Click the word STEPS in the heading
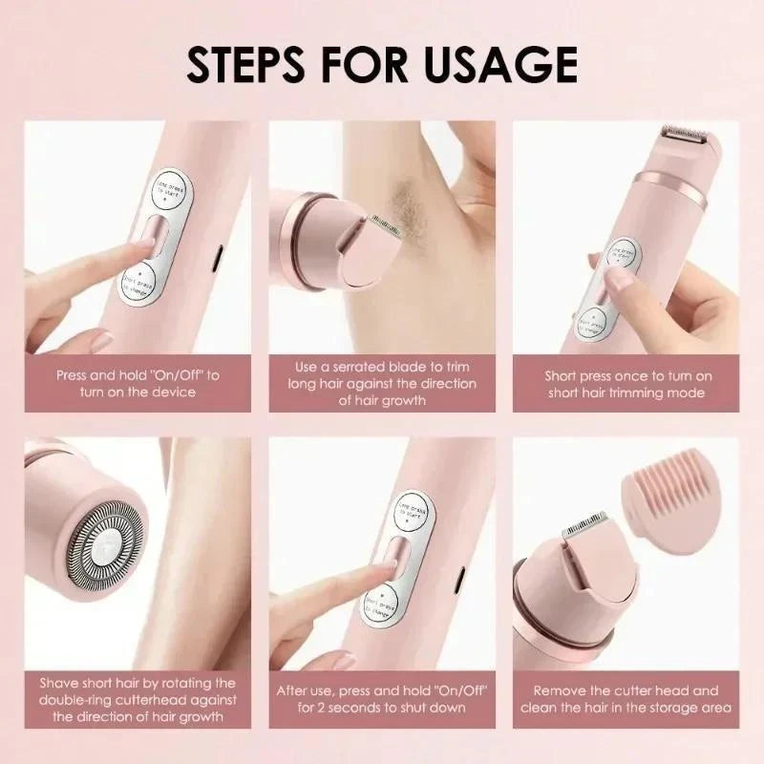pyautogui.click(x=251, y=64)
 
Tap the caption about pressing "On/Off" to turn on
pyautogui.click(x=138, y=384)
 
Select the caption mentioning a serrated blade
pyautogui.click(x=382, y=384)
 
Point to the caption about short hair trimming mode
pyautogui.click(x=627, y=384)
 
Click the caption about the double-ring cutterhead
pyautogui.click(x=138, y=699)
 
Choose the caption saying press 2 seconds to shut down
pyautogui.click(x=382, y=699)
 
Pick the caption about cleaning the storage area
pyautogui.click(x=627, y=699)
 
